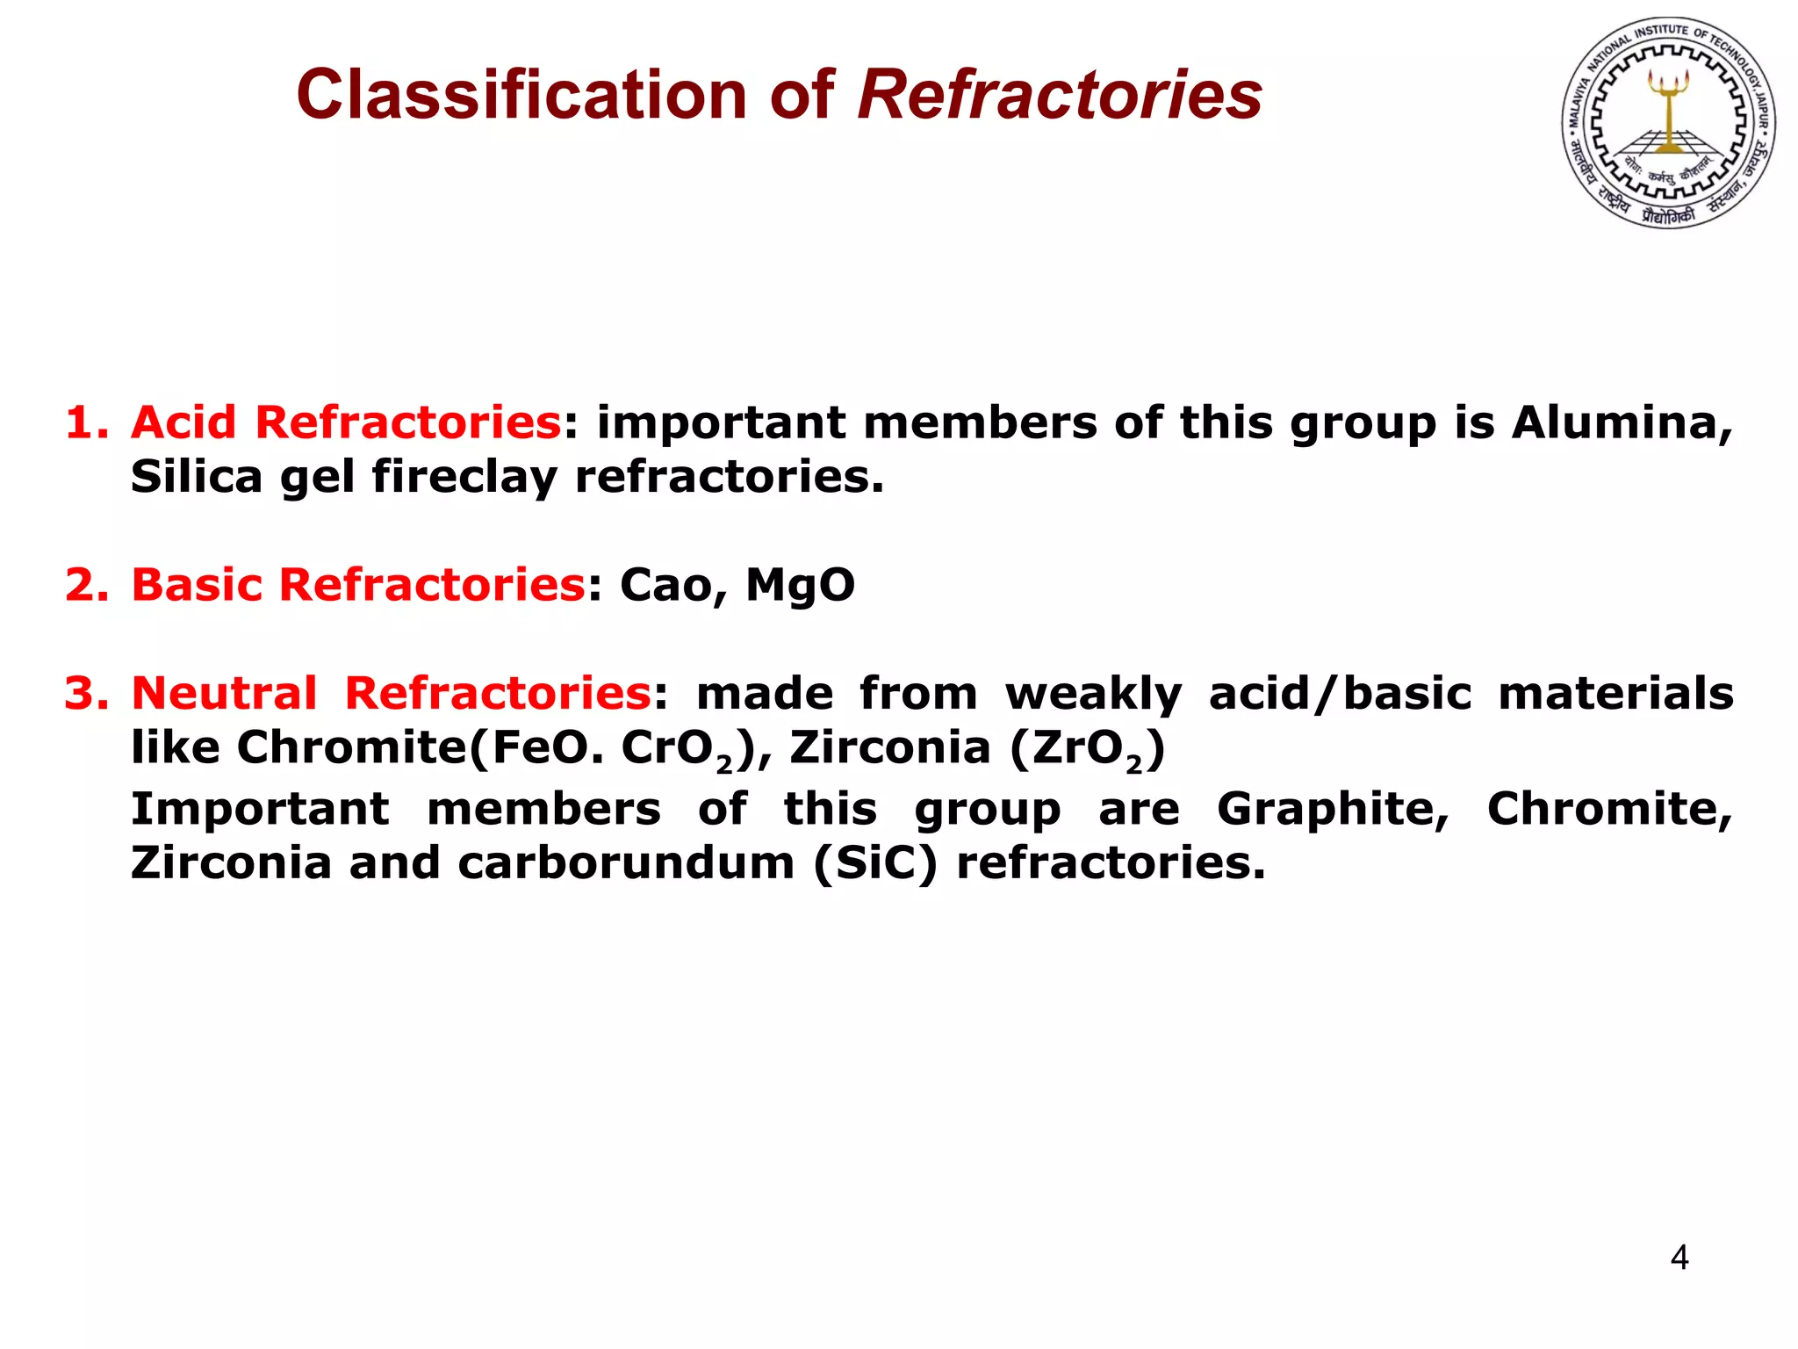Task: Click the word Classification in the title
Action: [521, 95]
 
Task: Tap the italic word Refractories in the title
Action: [1060, 95]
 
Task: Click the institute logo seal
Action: [1668, 122]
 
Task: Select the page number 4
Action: [1679, 1258]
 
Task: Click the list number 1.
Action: [87, 422]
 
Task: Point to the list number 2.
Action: [87, 585]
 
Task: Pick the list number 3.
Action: [87, 693]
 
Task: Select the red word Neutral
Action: [224, 693]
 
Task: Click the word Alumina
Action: [1622, 422]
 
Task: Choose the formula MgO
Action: [800, 585]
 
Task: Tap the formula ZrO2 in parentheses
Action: [1088, 749]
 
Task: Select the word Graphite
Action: [1333, 809]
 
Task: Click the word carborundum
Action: [626, 863]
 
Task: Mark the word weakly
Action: [1093, 695]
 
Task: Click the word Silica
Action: [197, 477]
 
